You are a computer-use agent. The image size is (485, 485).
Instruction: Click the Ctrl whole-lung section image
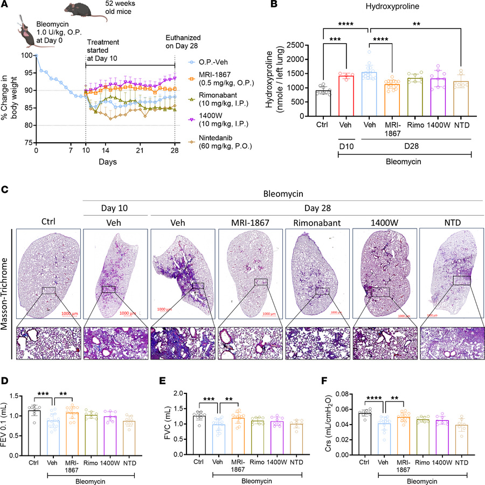tap(48, 274)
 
